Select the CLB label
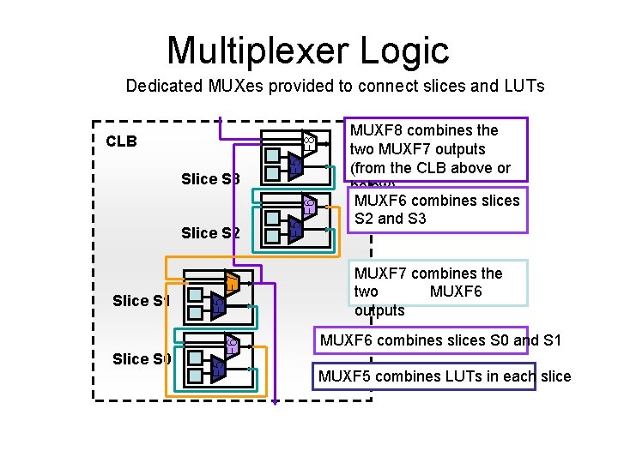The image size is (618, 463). point(121,141)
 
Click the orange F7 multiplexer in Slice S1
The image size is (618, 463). point(231,280)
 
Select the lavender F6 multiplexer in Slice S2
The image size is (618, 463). point(309,205)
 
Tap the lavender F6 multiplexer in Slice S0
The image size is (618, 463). point(231,345)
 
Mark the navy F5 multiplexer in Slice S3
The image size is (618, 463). point(295,166)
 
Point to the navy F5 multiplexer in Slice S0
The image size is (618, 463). point(218,368)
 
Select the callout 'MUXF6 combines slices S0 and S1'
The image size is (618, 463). point(440,340)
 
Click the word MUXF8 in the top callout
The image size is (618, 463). point(379,130)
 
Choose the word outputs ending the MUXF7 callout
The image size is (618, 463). point(379,310)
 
